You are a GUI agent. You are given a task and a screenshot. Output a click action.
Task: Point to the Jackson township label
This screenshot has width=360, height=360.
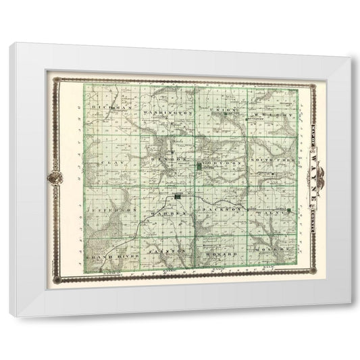click(221, 210)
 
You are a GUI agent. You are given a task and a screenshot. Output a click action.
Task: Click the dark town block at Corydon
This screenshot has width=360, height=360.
click(199, 165)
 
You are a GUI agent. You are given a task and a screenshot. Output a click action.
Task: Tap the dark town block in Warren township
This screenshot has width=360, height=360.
click(178, 197)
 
